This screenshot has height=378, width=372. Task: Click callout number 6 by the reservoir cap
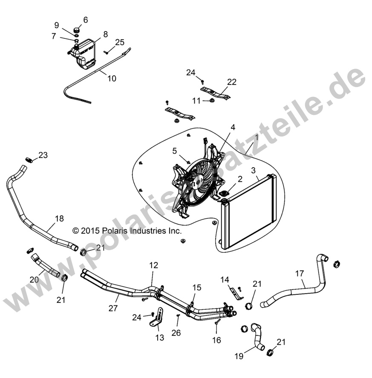85,20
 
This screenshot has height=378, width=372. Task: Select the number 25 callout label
120,42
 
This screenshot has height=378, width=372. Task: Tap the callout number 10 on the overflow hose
111,79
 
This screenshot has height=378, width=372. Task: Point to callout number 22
232,82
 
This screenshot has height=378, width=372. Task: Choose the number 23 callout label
43,155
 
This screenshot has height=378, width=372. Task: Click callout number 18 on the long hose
59,218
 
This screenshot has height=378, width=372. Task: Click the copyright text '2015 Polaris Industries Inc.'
127,231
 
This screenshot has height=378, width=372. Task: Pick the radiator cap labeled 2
224,195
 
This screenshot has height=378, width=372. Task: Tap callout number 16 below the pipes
216,340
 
